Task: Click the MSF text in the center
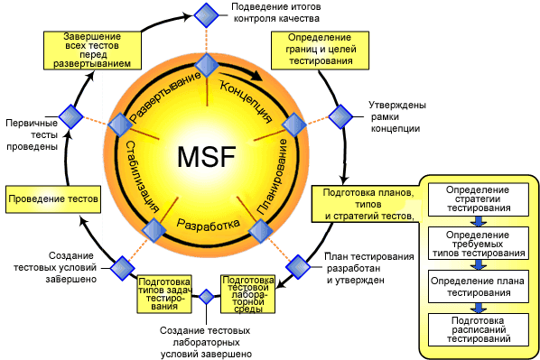[207, 157]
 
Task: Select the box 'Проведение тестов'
[53, 199]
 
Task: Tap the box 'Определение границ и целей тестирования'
[320, 51]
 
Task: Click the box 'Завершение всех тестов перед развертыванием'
[92, 51]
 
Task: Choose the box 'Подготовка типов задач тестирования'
[164, 293]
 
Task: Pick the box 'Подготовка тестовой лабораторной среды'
[248, 293]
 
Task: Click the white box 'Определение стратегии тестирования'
[479, 199]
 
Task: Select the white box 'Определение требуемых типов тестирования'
[479, 244]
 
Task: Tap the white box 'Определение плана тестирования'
[479, 287]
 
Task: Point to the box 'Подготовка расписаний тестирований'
[479, 329]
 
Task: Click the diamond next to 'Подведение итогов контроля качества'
[206, 15]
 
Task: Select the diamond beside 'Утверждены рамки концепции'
[340, 117]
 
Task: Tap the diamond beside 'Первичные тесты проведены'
[71, 116]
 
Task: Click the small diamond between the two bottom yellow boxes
[206, 297]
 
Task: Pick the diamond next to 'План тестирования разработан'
[298, 267]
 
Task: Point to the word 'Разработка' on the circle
[208, 224]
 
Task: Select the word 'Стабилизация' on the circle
[142, 176]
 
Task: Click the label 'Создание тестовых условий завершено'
[55, 267]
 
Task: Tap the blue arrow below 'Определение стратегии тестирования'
[479, 221]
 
